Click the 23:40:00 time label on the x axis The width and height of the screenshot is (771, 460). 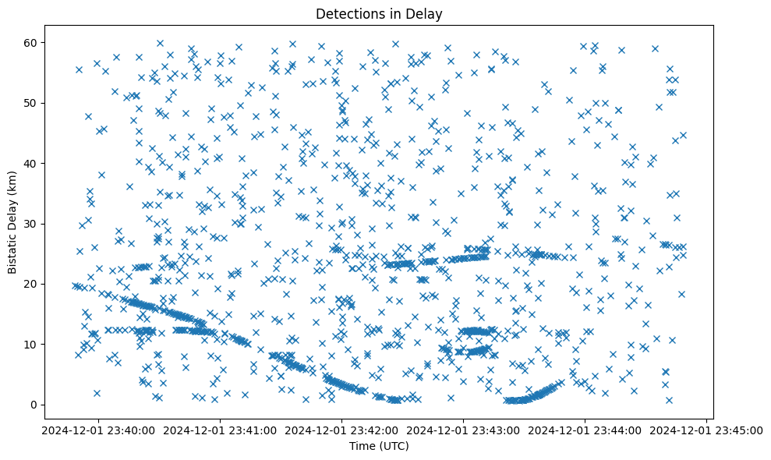(x=97, y=430)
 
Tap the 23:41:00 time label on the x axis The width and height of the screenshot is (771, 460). (x=220, y=430)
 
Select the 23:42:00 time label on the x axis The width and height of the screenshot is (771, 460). (x=341, y=430)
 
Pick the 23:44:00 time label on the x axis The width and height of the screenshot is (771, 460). (x=585, y=430)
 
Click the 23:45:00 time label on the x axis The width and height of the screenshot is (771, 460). (x=707, y=430)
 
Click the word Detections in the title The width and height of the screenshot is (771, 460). (x=346, y=13)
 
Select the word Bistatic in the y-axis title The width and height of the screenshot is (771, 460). (x=13, y=251)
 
